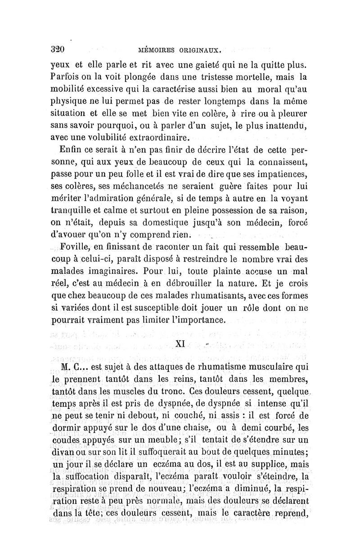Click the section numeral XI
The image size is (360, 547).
(x=180, y=344)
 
